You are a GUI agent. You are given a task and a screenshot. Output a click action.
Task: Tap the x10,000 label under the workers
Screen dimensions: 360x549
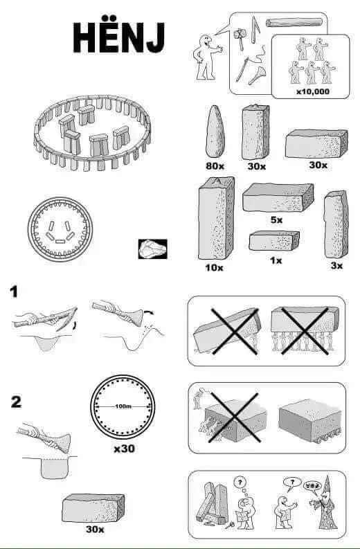pyautogui.click(x=313, y=92)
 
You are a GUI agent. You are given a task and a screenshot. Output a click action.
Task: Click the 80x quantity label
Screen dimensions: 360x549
pyautogui.click(x=215, y=165)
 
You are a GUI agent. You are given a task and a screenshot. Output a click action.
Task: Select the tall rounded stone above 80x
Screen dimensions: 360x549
pyautogui.click(x=215, y=132)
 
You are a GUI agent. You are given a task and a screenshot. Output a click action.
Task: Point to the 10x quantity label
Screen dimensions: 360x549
pyautogui.click(x=214, y=268)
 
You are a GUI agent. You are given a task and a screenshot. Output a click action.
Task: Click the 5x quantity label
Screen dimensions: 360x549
pyautogui.click(x=277, y=220)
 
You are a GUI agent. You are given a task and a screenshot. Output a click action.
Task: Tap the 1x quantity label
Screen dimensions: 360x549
pyautogui.click(x=276, y=260)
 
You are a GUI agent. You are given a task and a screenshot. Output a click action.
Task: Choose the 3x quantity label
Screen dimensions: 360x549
pyautogui.click(x=336, y=266)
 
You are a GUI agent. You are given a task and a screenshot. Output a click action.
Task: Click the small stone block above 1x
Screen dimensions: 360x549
pyautogui.click(x=274, y=240)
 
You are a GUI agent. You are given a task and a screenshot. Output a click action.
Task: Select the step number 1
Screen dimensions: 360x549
pyautogui.click(x=14, y=291)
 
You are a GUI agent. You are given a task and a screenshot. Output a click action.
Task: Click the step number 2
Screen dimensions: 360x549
pyautogui.click(x=16, y=402)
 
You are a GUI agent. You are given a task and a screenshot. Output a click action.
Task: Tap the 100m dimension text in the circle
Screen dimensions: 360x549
pyautogui.click(x=123, y=406)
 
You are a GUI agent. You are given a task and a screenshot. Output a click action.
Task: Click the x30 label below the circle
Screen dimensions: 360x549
pyautogui.click(x=124, y=449)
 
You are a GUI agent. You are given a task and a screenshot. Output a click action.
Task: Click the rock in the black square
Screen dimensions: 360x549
pyautogui.click(x=152, y=249)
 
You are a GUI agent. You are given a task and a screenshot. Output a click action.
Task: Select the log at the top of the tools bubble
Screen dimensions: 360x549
pyautogui.click(x=294, y=22)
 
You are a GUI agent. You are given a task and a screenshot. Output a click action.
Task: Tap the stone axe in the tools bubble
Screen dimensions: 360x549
pyautogui.click(x=240, y=38)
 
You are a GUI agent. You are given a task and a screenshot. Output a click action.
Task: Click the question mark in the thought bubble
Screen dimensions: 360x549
pyautogui.click(x=240, y=483)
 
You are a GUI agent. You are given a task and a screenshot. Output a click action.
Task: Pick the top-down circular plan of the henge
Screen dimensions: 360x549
pyautogui.click(x=60, y=229)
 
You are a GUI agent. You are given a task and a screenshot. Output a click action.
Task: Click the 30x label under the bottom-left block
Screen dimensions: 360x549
pyautogui.click(x=95, y=529)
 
